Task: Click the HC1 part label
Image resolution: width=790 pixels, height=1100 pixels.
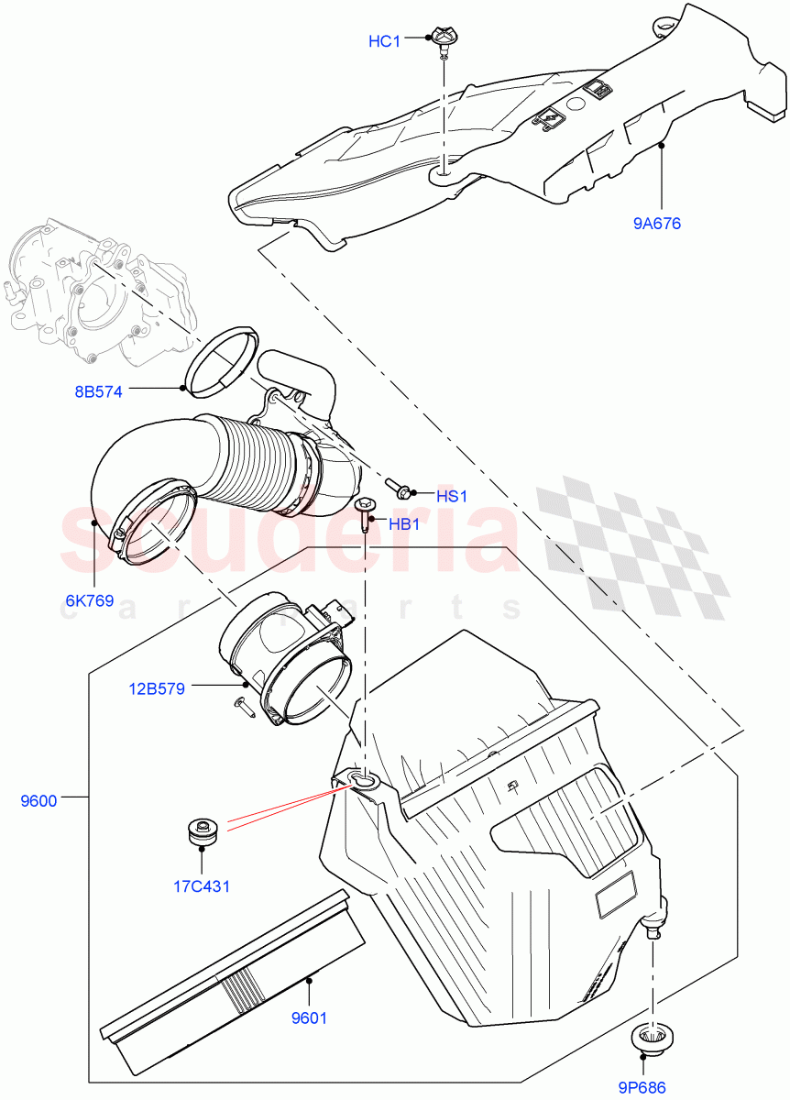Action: [384, 41]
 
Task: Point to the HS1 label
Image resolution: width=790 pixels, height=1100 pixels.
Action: [452, 496]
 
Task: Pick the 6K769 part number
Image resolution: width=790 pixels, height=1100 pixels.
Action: [89, 601]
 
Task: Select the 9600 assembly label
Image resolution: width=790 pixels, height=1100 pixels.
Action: [38, 800]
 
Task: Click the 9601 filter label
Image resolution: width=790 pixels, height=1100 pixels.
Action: [308, 1017]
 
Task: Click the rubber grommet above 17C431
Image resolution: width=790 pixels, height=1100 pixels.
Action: [200, 831]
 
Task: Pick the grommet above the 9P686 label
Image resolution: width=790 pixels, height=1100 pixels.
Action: [651, 1039]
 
